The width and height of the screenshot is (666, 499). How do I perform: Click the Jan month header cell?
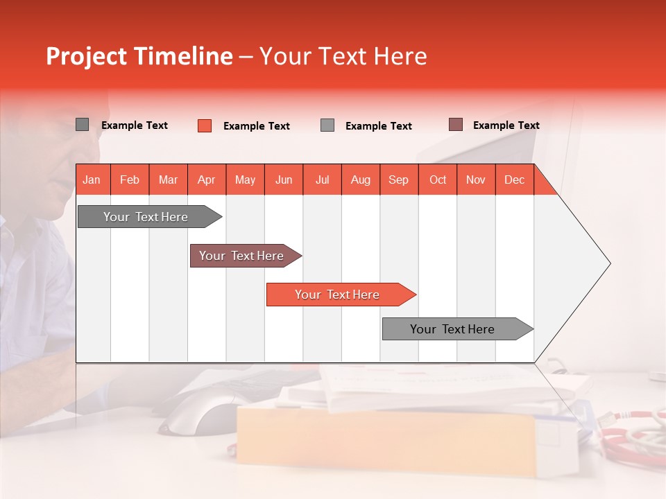[92, 180]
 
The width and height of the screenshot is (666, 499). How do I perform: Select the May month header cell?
[245, 180]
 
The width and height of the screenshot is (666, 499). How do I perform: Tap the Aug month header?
[360, 180]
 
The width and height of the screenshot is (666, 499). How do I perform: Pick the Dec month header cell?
[514, 180]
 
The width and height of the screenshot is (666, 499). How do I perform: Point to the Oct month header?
[437, 180]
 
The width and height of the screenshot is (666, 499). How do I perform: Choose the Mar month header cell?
[168, 180]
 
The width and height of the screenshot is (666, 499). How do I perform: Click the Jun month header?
[284, 180]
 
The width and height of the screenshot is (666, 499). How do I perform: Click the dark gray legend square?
[83, 125]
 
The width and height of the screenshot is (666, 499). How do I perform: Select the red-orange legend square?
[205, 125]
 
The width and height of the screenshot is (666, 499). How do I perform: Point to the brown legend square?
[455, 125]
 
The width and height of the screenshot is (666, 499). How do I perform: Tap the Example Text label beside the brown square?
[506, 125]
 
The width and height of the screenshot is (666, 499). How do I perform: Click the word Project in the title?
[87, 56]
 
